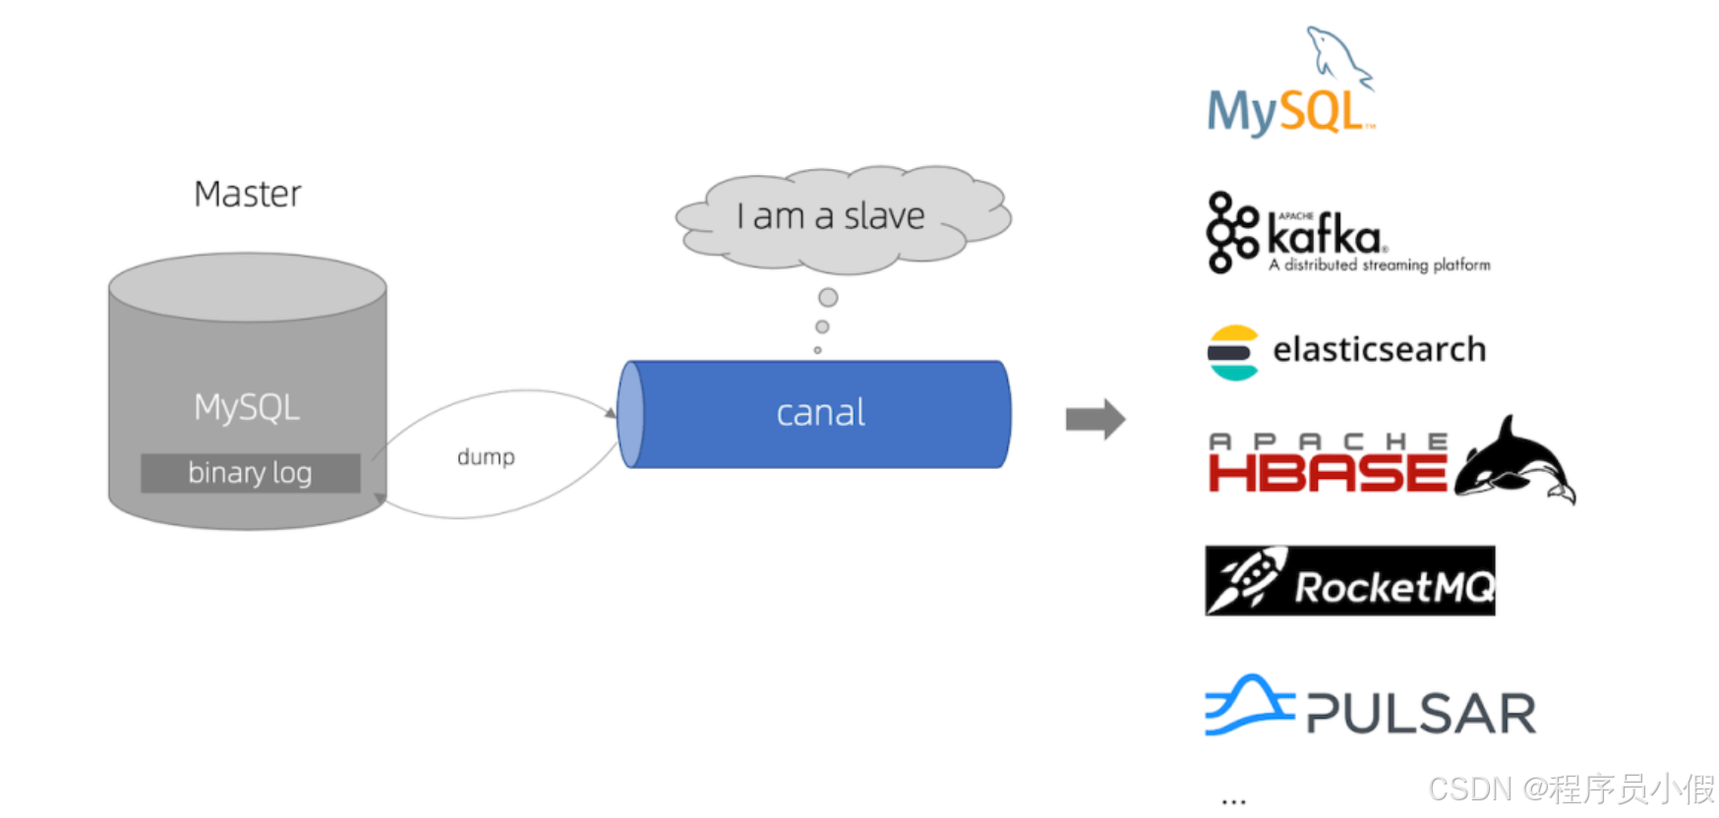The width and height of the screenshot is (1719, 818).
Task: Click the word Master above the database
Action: tap(247, 194)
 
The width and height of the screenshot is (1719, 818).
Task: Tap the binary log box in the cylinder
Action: tap(250, 473)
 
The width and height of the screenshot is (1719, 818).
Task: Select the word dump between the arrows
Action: tap(486, 456)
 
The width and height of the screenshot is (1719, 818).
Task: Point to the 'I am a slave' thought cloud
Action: tap(832, 217)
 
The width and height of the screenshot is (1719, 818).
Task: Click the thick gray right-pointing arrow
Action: tap(1095, 419)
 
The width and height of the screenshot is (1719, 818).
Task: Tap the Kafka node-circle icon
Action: tap(1231, 232)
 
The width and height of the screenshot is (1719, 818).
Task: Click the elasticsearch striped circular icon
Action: tap(1233, 352)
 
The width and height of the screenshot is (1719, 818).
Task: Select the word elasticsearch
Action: tap(1379, 349)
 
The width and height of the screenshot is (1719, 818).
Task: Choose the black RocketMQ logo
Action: tap(1349, 581)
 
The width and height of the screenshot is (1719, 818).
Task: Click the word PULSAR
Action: tap(1421, 713)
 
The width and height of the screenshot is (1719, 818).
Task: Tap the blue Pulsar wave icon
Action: tap(1248, 705)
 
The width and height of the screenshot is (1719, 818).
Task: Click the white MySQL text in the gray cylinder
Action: tap(247, 407)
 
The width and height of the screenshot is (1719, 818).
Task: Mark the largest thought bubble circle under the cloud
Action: tap(828, 297)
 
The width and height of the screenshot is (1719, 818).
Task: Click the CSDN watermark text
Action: tap(1571, 789)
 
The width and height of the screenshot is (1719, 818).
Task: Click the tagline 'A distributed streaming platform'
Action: tap(1379, 264)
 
